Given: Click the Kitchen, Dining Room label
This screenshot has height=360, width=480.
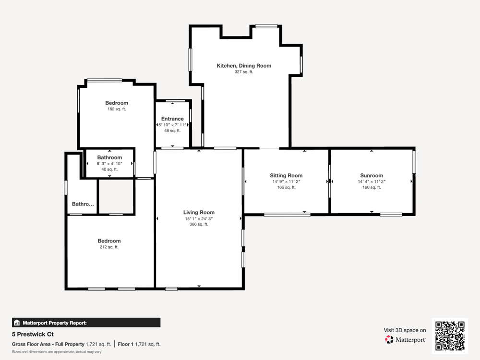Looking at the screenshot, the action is pos(244,65).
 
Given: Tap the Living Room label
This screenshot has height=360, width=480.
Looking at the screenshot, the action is pos(199,212).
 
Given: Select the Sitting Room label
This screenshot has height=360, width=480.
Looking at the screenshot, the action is pos(286,175).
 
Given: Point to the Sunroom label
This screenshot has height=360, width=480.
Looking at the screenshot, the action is pos(372,175).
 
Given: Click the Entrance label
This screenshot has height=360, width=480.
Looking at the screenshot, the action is pos(172,119).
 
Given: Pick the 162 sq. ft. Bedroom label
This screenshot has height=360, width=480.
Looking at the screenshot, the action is pos(117,103).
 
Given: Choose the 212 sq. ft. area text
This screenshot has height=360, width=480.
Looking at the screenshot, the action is pos(109,247).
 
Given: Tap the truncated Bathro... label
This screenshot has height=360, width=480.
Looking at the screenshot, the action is pos(83,204).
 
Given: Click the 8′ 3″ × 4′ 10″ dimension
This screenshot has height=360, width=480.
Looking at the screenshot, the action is pos(109,164).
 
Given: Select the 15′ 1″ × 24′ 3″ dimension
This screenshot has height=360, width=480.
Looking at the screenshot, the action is pos(199,218).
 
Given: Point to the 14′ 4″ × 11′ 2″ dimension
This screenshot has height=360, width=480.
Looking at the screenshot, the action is pos(372,181).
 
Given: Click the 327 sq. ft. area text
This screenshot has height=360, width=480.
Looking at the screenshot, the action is pos(244,72).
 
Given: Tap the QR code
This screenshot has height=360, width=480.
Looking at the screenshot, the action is pos(450,336).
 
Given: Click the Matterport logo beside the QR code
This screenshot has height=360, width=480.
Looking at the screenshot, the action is pos(405,339).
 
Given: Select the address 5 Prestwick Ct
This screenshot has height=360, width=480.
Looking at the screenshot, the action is pos(33,334).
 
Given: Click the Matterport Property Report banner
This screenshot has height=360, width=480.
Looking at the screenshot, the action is pos(86,323).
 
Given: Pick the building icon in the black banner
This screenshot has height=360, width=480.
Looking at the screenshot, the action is pos(17,323).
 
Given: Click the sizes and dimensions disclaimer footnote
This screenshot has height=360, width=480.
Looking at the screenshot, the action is pos(57,352).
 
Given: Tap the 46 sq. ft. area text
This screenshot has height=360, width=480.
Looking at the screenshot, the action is pos(172,131).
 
